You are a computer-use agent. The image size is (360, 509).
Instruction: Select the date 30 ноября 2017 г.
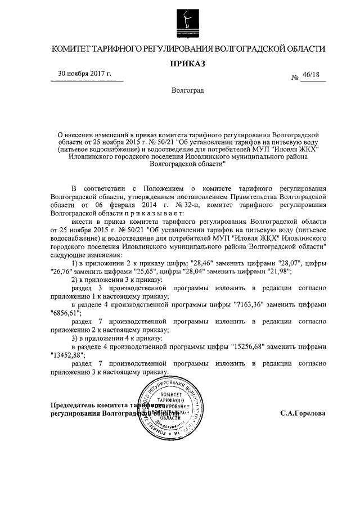pos(85,74)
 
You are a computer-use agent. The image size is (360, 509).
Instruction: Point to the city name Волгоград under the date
pos(188,91)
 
